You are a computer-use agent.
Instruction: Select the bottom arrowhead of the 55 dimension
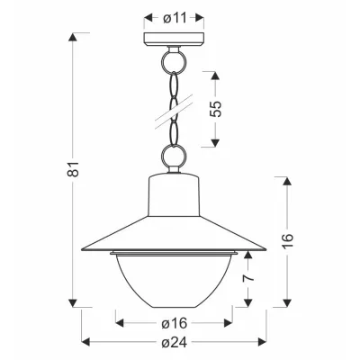217,140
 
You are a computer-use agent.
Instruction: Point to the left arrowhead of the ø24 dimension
86,342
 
